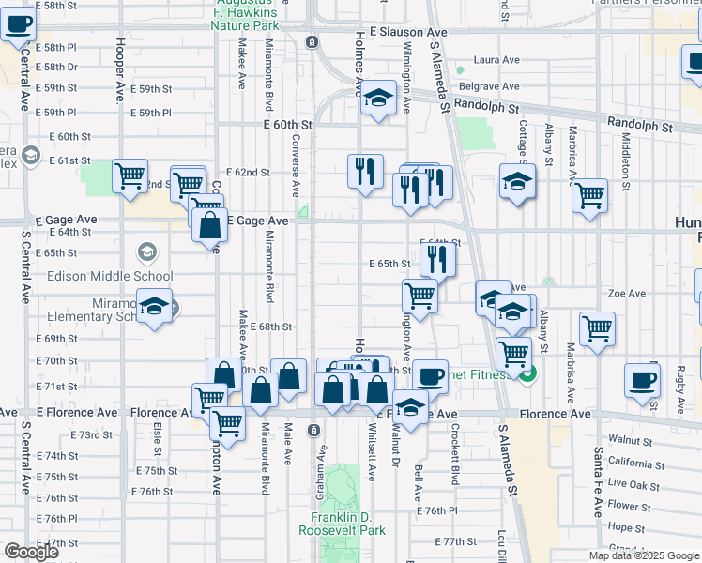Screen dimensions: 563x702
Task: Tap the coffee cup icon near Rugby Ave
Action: [643, 380]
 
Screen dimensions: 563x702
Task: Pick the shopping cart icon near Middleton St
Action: [590, 195]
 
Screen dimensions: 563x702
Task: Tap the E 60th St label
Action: [287, 124]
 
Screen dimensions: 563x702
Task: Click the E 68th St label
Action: [271, 327]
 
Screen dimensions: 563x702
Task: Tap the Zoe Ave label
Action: [627, 293]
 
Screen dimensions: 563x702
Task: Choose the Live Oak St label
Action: [633, 482]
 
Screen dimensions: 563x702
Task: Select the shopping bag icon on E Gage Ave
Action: [210, 225]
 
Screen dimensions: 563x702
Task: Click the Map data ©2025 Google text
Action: [644, 555]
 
